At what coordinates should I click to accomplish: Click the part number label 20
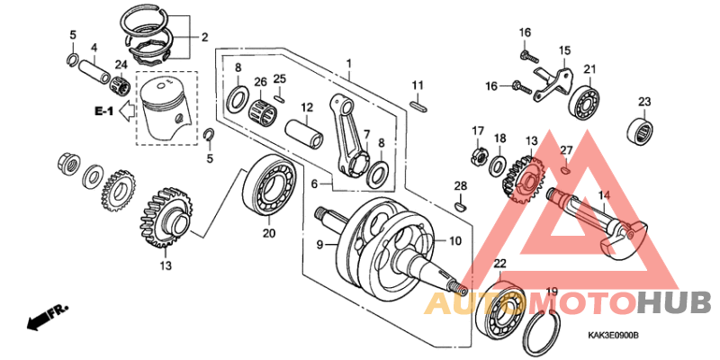point(267,233)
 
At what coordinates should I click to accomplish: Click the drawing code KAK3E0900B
point(613,336)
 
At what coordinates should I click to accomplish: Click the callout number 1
point(348,64)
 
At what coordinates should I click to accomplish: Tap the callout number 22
point(500,263)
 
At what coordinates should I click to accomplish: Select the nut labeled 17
point(477,159)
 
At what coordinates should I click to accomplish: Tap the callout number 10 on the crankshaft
point(454,241)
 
